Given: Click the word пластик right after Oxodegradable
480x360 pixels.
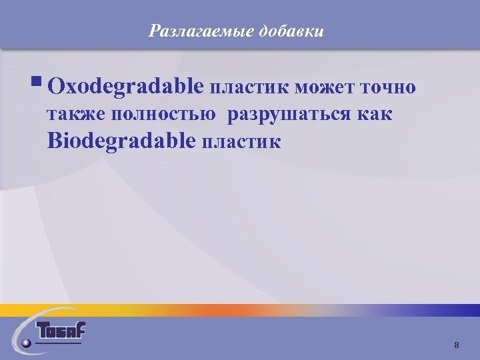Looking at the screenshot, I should (249, 87).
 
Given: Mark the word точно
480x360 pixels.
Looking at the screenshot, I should (389, 87).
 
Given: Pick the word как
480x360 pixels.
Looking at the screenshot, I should (375, 115).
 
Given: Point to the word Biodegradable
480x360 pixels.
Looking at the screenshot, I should (122, 141).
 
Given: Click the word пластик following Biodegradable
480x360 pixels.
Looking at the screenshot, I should (241, 142).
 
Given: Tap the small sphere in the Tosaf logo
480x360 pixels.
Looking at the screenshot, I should (26, 343).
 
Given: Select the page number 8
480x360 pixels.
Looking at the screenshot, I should (456, 345).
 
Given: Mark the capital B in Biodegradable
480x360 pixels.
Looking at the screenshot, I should (55, 141).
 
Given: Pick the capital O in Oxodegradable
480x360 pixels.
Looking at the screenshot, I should (57, 87).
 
